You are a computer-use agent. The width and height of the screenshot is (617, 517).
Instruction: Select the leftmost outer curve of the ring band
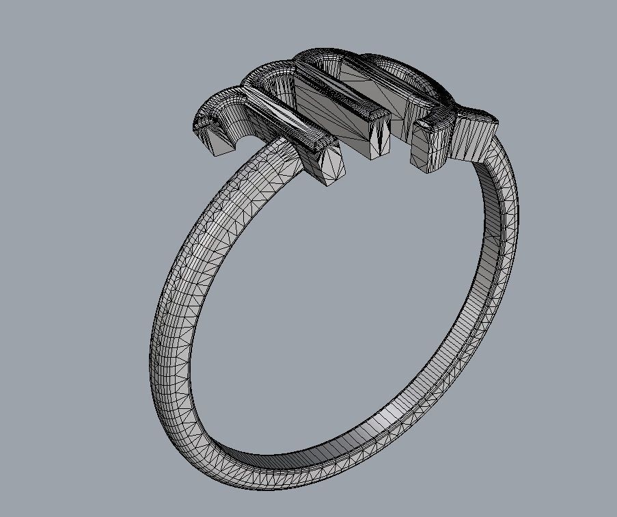(x=156, y=328)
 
